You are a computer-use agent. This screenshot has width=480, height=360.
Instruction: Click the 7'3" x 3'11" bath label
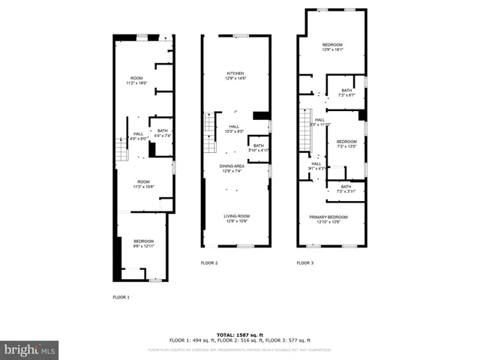(346, 188)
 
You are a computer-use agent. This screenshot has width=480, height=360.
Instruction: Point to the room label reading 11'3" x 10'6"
(143, 184)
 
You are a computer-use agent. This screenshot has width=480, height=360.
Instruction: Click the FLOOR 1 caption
(121, 298)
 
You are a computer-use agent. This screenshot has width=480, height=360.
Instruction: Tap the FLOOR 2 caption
(209, 263)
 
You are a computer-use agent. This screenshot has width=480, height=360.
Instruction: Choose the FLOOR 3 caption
(304, 263)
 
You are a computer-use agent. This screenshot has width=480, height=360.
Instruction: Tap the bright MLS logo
(29, 349)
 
